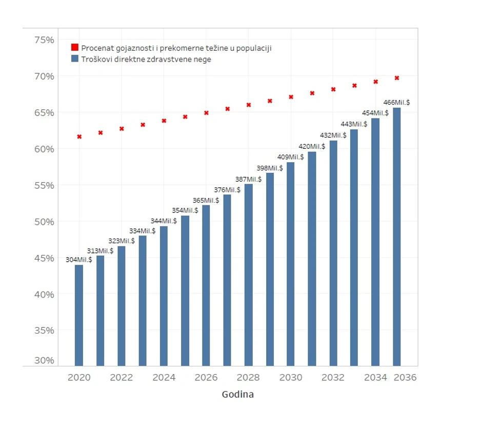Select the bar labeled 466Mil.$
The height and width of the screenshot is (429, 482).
pos(397,236)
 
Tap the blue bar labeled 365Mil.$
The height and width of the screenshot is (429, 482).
pos(206,285)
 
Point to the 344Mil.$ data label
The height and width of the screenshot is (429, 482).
pos(164,221)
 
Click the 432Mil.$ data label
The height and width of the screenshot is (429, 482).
pos(333,135)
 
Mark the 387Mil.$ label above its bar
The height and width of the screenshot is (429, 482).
pos(248,179)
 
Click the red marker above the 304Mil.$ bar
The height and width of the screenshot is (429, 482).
pos(79,136)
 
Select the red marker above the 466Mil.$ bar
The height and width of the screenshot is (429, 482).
pos(397,78)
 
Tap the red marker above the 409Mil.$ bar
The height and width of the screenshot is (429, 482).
pos(291,97)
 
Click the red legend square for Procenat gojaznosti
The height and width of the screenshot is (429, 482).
pos(75,48)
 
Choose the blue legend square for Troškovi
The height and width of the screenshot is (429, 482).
pos(75,59)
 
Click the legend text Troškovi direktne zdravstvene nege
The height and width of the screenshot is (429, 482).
pos(146,60)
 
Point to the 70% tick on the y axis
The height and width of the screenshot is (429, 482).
pos(44,76)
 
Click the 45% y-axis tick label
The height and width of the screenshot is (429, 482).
pos(44,258)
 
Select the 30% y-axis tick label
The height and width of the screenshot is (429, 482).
pos(44,360)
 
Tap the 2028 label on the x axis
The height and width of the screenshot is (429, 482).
pos(248,378)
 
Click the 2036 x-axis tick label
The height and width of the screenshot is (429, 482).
pos(405,378)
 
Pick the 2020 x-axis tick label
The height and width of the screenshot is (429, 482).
pos(79,378)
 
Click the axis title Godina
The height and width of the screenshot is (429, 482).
pos(237,395)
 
